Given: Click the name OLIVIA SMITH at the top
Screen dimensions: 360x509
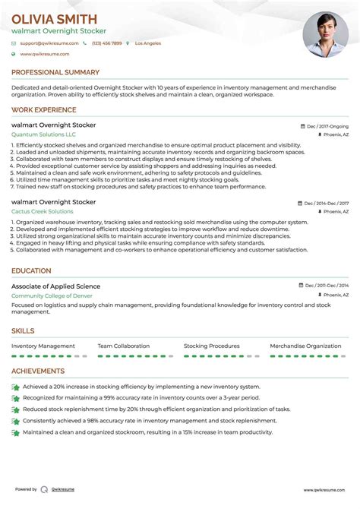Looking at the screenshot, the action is tap(54, 19).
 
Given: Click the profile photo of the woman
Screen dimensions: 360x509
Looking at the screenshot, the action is tap(325, 35).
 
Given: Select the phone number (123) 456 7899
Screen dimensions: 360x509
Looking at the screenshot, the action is tap(106, 43).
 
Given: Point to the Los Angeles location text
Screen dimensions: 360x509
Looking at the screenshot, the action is tap(147, 43).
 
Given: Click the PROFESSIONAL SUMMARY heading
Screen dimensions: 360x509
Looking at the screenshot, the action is tap(55, 72).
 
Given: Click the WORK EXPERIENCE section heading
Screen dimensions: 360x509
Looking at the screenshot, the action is tap(44, 110).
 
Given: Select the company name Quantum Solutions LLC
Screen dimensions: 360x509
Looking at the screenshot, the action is tap(44, 134).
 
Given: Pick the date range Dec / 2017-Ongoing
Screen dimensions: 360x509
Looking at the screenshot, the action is tap(327, 125).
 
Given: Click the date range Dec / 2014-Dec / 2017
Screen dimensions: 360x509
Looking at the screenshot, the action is tap(327, 203).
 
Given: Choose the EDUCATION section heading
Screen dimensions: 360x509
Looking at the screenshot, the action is tap(31, 270).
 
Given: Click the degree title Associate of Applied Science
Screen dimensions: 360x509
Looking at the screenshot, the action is tap(55, 286).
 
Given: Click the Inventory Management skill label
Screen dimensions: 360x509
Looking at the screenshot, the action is tap(43, 346).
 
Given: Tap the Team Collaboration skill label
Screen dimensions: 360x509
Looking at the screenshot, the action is tap(124, 346).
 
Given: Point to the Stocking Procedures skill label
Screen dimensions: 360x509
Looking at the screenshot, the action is tap(212, 346).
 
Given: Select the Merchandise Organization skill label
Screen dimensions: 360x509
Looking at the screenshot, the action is tap(305, 346).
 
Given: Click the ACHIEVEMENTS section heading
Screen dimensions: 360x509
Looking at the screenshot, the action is tap(38, 371).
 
